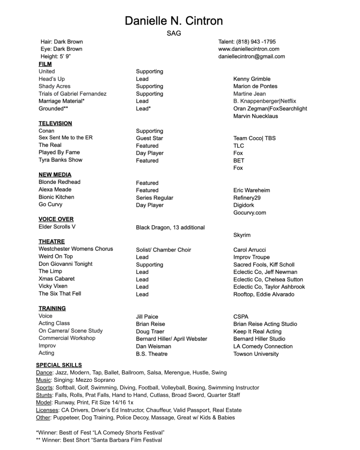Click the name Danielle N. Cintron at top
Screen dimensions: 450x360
click(174, 21)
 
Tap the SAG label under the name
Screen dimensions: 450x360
click(174, 33)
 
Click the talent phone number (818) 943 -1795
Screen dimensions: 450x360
click(247, 42)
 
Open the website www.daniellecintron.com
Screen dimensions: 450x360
click(248, 49)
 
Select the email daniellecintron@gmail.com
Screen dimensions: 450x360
click(251, 56)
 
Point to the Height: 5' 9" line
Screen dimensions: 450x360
click(56, 56)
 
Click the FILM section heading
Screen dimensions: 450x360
click(45, 64)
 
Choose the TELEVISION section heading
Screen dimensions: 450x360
click(55, 124)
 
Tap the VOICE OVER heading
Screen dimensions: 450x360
click(56, 219)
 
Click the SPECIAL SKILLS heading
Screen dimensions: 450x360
click(58, 365)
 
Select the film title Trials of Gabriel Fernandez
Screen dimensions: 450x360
click(72, 94)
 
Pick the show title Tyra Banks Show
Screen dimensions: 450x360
click(60, 160)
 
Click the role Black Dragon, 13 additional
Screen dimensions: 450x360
click(170, 227)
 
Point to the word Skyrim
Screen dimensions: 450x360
click(242, 235)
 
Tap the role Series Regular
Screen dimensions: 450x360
click(154, 198)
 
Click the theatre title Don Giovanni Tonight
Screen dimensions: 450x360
click(65, 264)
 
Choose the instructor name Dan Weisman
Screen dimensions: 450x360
click(153, 346)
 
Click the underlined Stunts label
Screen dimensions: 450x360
click(44, 395)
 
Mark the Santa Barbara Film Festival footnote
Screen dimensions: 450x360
click(98, 440)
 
